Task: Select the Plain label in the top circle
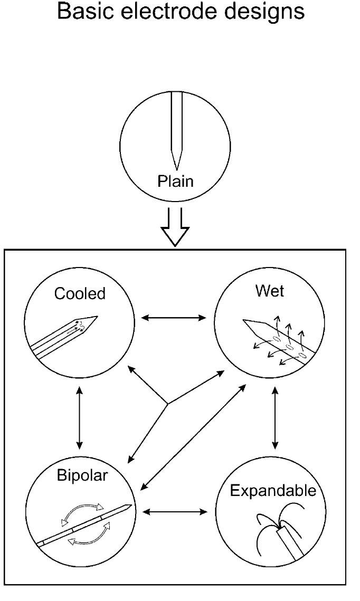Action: point(175,182)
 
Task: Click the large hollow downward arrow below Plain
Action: point(175,227)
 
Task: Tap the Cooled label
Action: point(80,294)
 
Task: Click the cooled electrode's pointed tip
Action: point(97,317)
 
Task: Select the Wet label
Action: point(270,291)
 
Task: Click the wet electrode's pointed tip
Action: point(243,320)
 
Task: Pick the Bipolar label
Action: point(82,475)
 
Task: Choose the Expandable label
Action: point(273,491)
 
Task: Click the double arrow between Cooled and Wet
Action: point(174,318)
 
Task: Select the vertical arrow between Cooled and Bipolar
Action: point(79,417)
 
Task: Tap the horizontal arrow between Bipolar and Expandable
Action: point(175,511)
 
